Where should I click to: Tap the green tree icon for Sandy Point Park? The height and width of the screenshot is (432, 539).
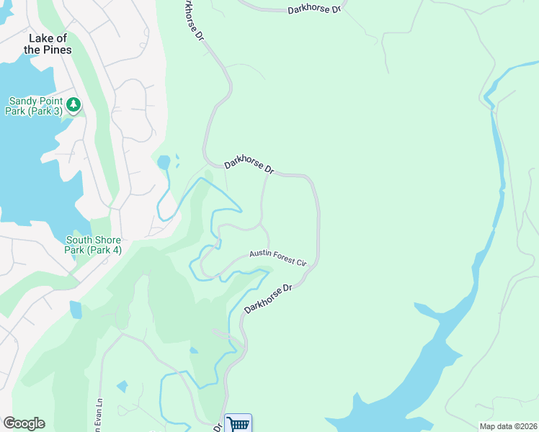coord(73,106)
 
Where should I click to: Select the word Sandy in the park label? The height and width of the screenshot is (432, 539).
coord(23,102)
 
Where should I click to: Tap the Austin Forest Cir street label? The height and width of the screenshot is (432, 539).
coord(278,258)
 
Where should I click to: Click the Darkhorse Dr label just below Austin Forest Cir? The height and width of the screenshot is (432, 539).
coord(267,298)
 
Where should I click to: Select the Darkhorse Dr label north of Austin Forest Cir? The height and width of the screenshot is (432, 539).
coord(249,166)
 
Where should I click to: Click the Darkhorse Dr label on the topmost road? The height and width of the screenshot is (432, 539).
coord(313,10)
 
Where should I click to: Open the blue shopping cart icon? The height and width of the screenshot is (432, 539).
coord(238,423)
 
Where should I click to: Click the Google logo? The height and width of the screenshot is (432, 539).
coord(24,423)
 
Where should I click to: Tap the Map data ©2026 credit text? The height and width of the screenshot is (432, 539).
coord(507,426)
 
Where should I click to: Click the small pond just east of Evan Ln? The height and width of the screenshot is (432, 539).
coord(122,387)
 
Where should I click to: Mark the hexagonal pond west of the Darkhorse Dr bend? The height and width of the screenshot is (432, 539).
coord(164,162)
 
